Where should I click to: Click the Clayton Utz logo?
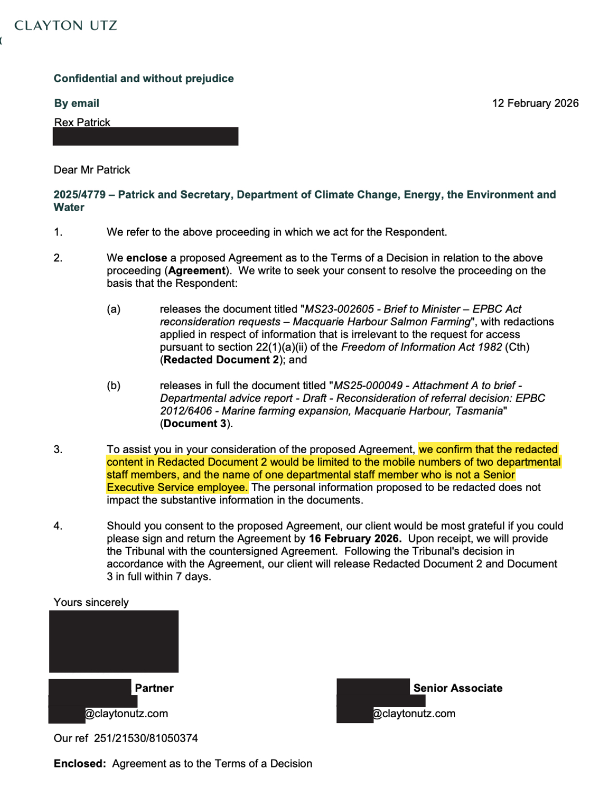click(66, 25)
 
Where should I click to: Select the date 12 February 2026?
click(535, 103)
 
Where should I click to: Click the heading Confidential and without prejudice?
click(144, 78)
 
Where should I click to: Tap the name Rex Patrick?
click(82, 122)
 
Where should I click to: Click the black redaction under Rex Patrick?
click(145, 137)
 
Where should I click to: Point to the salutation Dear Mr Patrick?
click(92, 170)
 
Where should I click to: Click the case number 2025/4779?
click(79, 194)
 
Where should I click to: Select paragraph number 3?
click(58, 449)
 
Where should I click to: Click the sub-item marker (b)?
click(113, 385)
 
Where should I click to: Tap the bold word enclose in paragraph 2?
click(147, 258)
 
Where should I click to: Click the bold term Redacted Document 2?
click(221, 360)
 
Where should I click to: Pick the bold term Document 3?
click(195, 424)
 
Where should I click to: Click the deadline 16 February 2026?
click(355, 538)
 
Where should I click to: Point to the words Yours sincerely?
click(91, 602)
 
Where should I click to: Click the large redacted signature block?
click(114, 641)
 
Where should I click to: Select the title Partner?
click(154, 688)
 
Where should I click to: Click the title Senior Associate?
click(458, 688)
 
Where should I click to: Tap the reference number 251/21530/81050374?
click(146, 738)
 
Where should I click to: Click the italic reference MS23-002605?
click(339, 309)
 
